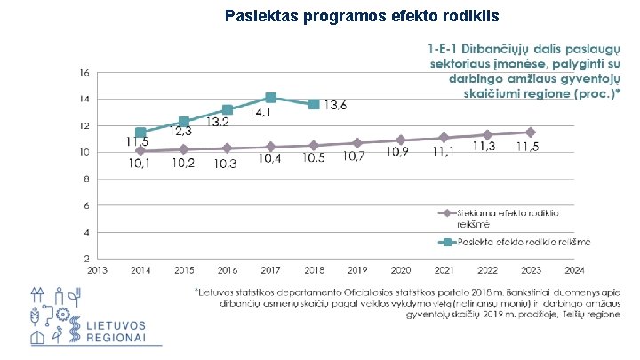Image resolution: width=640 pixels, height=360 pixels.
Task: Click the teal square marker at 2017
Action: tap(271, 98)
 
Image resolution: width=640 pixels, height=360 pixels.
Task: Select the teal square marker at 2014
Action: tap(140, 132)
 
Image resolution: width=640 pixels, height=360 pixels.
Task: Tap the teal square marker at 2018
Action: tap(314, 105)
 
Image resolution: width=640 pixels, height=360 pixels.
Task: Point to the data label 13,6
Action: tap(335, 106)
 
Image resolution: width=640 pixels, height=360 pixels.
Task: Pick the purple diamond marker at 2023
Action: tap(531, 132)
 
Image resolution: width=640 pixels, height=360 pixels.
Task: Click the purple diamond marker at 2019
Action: tap(357, 143)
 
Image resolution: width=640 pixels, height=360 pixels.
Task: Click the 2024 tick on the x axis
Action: tap(574, 270)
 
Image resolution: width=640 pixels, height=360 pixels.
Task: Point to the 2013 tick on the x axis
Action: tap(97, 270)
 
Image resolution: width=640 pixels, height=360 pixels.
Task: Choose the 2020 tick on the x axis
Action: tap(401, 270)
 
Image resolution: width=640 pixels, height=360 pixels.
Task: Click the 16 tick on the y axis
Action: tap(83, 72)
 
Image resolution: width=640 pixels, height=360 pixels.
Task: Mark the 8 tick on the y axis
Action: tap(84, 179)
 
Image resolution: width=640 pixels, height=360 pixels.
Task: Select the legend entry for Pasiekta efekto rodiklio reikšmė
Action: tap(516, 241)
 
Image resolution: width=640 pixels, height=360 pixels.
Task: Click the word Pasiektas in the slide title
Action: tap(260, 16)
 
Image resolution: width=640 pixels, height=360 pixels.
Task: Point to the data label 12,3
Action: tap(180, 132)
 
